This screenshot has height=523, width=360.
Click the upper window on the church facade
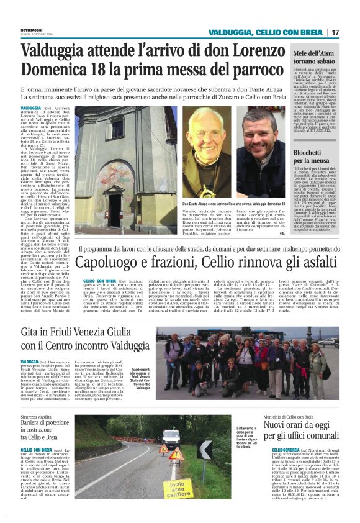click(x=115, y=128)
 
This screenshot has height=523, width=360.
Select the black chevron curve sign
click(x=205, y=449)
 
